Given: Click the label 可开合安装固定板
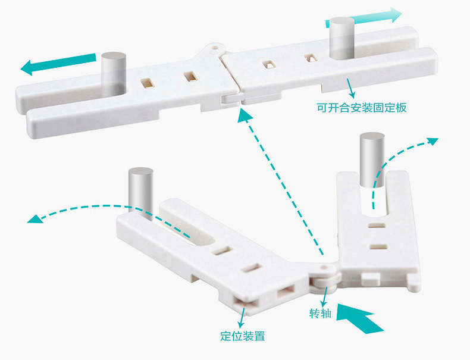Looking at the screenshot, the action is (x=362, y=108).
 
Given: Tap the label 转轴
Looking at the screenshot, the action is (x=320, y=314).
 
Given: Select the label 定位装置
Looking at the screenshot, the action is (x=243, y=336).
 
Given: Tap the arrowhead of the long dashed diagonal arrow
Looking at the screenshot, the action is (x=245, y=115).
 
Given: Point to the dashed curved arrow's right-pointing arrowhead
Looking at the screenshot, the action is (x=433, y=141).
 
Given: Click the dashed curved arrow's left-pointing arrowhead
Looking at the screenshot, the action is (x=35, y=219).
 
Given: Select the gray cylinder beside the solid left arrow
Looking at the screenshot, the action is (x=113, y=74).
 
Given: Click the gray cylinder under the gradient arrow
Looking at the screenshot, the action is (x=342, y=37).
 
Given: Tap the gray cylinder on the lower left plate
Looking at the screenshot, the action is (x=140, y=192).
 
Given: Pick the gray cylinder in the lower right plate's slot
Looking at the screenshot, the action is (x=372, y=159).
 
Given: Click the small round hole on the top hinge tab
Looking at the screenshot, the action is (x=215, y=48).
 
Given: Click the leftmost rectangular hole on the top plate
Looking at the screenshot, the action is (x=146, y=83).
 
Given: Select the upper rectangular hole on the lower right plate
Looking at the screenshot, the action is (x=377, y=225).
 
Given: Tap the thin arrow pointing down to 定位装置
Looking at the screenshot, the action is (x=242, y=317).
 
